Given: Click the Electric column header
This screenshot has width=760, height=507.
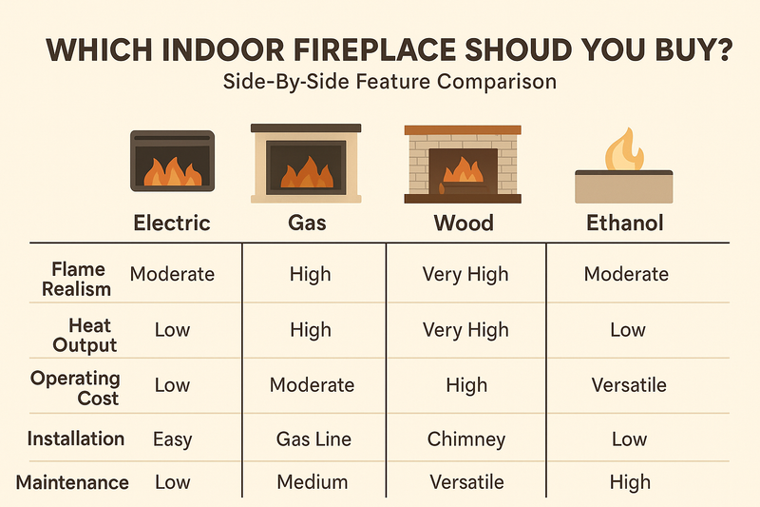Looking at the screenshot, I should click(x=171, y=224).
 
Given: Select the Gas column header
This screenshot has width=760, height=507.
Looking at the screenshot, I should click(x=308, y=224).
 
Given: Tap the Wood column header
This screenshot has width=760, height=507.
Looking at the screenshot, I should click(x=465, y=224).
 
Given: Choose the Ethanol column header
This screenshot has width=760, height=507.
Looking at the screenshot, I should click(x=624, y=224).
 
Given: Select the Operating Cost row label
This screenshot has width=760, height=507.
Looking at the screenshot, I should click(x=76, y=388).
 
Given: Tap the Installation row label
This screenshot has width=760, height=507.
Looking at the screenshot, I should click(x=76, y=439).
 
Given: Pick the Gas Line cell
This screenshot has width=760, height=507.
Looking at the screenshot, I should click(x=313, y=439).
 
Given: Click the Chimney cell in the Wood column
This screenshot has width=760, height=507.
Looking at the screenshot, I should click(x=466, y=439).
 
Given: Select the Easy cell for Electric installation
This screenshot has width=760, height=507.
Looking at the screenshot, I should click(x=172, y=439).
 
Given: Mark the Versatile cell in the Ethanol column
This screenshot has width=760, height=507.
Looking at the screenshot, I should click(x=627, y=385).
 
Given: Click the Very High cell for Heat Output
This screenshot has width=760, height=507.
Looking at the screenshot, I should click(x=466, y=330).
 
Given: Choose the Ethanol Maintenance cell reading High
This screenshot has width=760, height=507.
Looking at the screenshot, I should click(x=631, y=482).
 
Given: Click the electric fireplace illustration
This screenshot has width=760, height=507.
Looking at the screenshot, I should click(x=172, y=160).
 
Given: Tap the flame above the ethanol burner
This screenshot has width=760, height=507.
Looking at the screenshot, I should click(x=624, y=149).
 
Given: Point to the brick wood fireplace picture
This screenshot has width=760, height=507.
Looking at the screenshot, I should click(x=462, y=163).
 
